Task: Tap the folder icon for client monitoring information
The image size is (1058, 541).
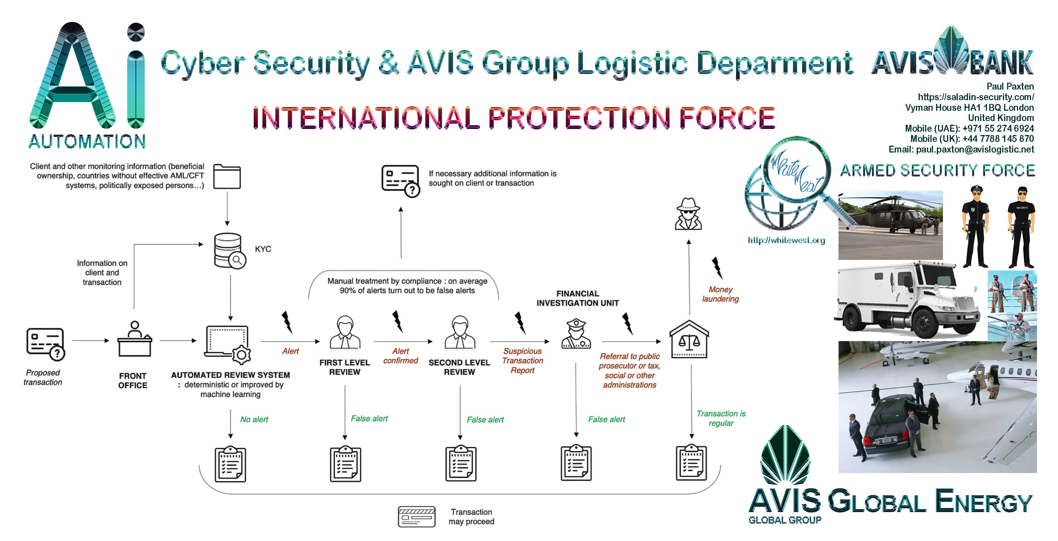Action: click(x=227, y=177)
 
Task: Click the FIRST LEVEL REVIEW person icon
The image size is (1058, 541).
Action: click(x=345, y=333)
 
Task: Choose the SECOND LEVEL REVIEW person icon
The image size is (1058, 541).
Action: click(x=460, y=333)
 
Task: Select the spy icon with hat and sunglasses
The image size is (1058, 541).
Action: click(x=688, y=214)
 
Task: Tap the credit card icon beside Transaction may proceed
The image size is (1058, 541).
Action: click(x=417, y=516)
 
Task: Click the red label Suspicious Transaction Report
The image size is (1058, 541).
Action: click(x=523, y=360)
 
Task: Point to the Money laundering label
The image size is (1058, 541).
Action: click(x=720, y=294)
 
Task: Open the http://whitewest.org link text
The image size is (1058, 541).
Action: click(x=786, y=241)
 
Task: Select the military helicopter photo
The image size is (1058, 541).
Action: click(x=890, y=225)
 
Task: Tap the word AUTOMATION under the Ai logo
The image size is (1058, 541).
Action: click(x=87, y=142)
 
